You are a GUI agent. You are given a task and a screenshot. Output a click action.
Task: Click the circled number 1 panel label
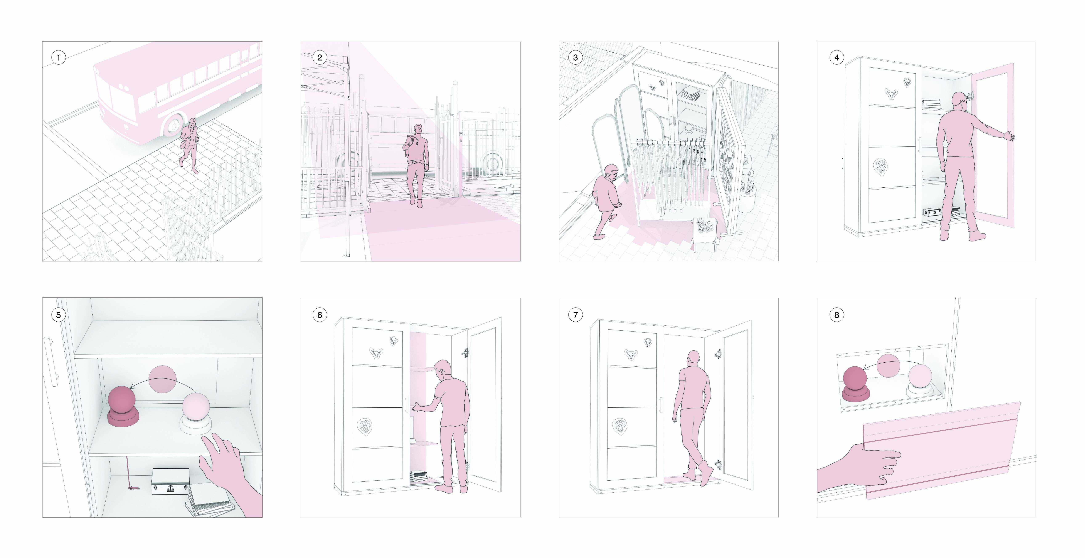pyautogui.click(x=58, y=57)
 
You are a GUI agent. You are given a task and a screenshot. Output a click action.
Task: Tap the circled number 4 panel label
pyautogui.click(x=837, y=57)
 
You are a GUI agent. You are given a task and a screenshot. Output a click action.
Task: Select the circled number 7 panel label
pyautogui.click(x=575, y=315)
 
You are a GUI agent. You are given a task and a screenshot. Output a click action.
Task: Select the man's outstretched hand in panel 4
pyautogui.click(x=1009, y=136)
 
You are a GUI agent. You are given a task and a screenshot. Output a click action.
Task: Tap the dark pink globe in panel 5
pyautogui.click(x=122, y=400)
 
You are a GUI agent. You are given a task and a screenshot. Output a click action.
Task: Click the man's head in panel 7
pyautogui.click(x=693, y=358)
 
